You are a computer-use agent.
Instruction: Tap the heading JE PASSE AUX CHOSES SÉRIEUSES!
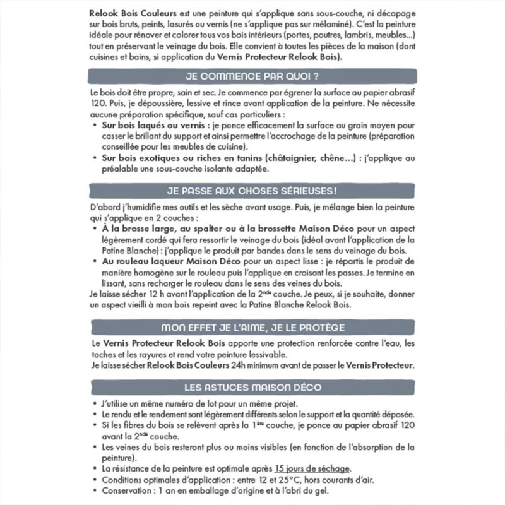(252, 190)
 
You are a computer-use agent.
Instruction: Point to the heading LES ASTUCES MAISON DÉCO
(252, 387)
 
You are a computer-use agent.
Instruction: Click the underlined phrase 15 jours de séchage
(312, 468)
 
